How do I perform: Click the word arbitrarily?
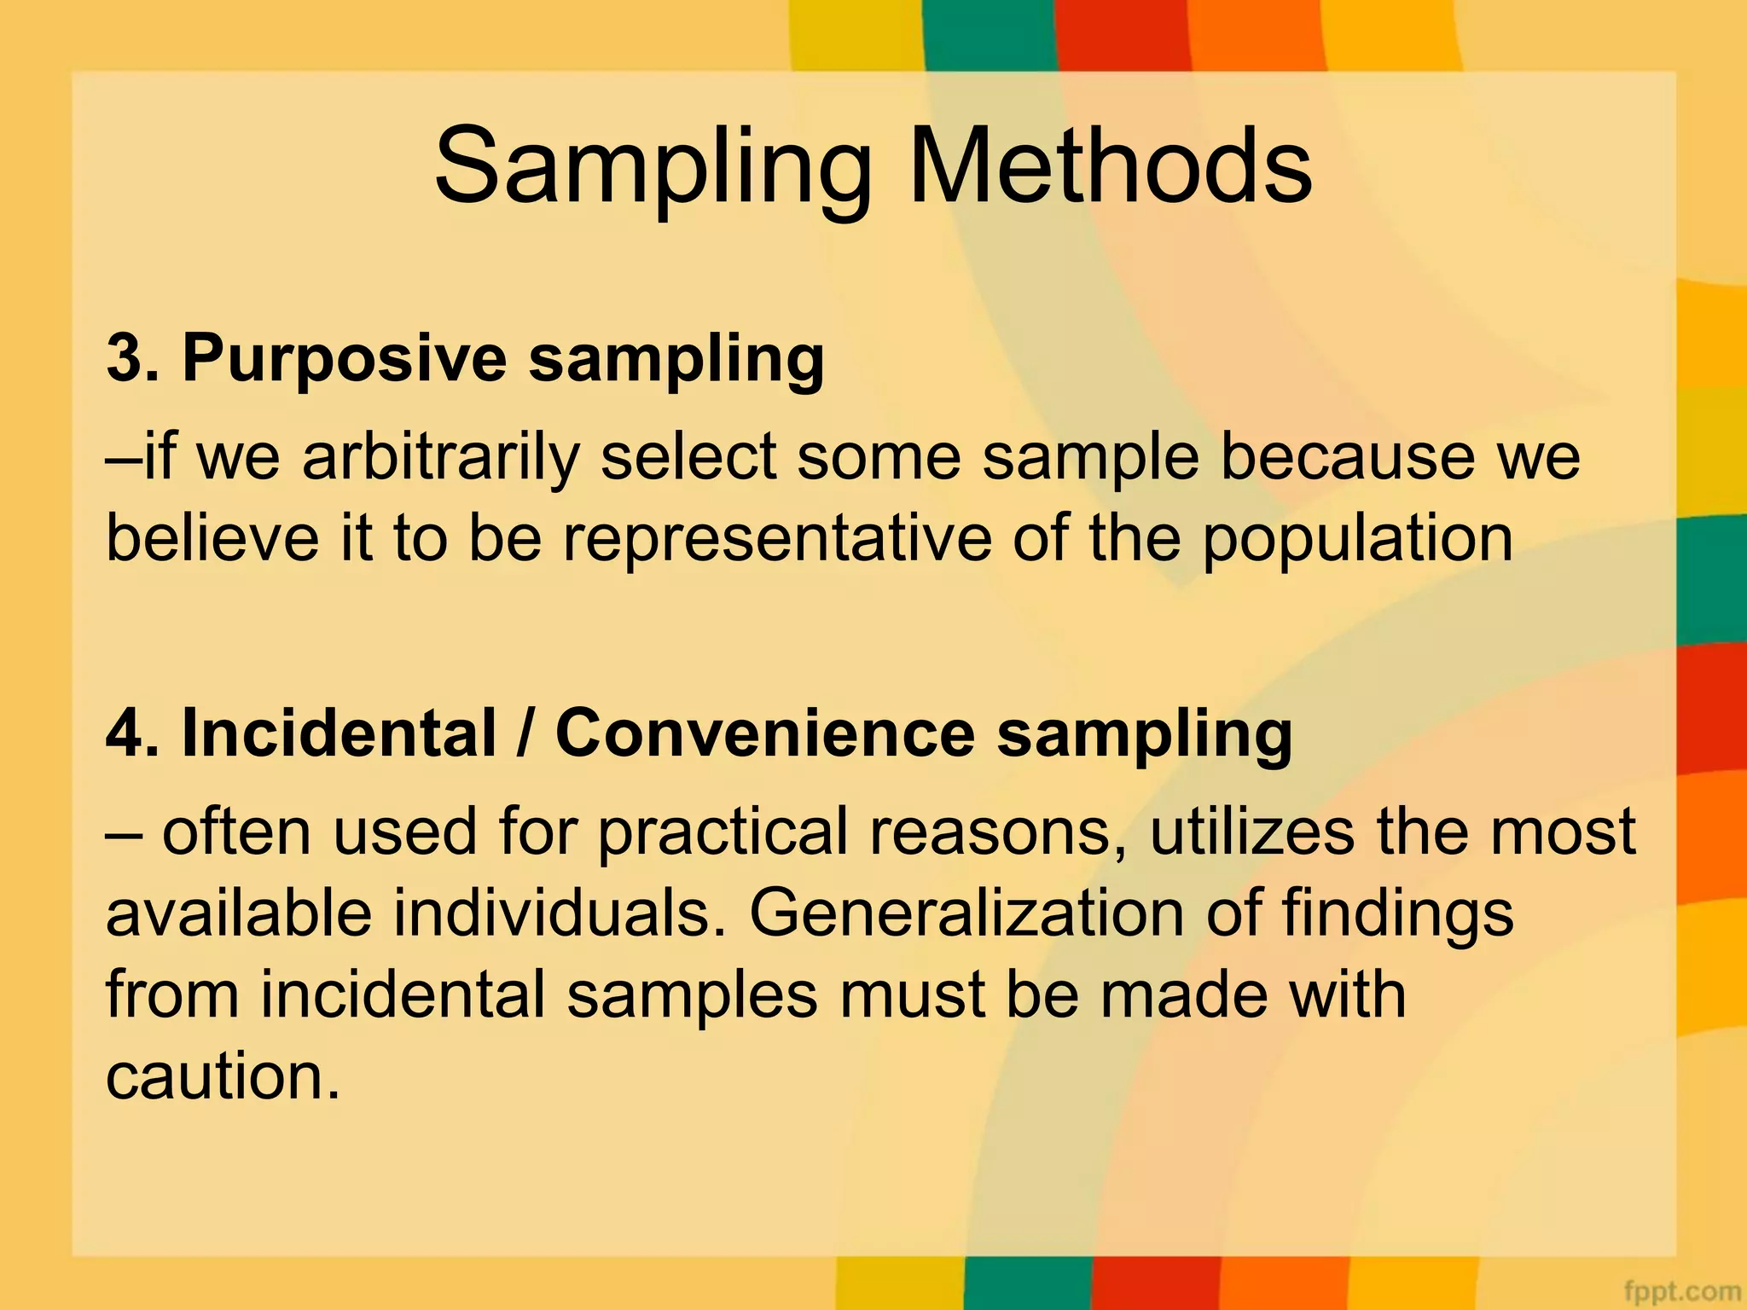coord(440,458)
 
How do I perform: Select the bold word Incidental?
coord(339,733)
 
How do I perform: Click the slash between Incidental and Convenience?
coord(525,733)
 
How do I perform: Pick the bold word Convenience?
coord(765,733)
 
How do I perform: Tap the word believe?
coord(212,539)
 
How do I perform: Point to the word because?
coord(1348,458)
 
